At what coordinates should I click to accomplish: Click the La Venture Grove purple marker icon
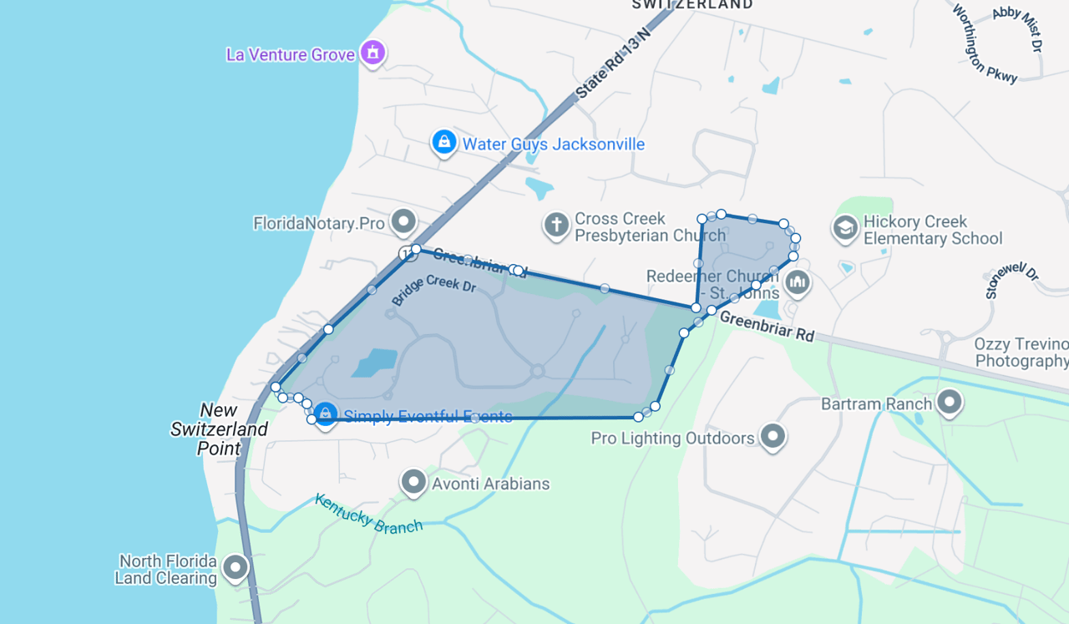point(372,53)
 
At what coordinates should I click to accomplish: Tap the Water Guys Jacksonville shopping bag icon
point(443,143)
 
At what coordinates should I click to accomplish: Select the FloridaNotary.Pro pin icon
point(404,222)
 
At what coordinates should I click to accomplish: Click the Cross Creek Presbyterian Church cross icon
point(556,225)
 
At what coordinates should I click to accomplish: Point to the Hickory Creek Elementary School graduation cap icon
point(845,228)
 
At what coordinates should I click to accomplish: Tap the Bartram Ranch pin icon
point(950,403)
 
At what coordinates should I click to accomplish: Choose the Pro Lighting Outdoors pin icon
point(773,436)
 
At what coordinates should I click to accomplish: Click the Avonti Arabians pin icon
point(413,482)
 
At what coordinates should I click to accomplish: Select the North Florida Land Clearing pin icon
point(236,568)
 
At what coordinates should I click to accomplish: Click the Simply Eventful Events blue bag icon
point(325,413)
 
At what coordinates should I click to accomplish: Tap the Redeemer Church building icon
point(798,282)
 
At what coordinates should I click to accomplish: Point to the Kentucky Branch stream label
point(368,513)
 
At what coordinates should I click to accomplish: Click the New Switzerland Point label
point(220,429)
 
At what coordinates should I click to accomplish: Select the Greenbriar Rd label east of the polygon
point(766,326)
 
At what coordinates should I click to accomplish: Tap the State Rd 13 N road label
point(612,63)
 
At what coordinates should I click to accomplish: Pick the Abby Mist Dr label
point(1018,28)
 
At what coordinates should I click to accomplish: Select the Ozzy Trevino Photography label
point(1021,353)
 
